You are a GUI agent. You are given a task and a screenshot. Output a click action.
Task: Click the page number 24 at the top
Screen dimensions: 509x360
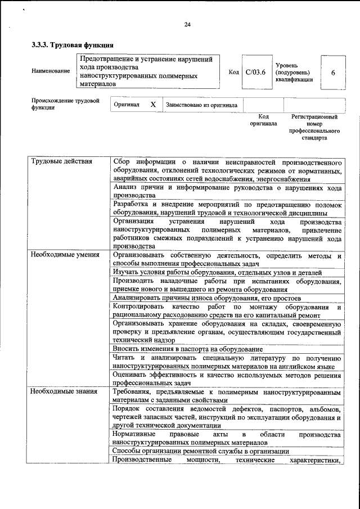(x=187, y=24)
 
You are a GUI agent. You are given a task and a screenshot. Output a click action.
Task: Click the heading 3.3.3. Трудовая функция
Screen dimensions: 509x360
(x=73, y=44)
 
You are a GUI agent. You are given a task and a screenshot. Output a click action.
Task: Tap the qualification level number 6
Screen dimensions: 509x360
(x=334, y=73)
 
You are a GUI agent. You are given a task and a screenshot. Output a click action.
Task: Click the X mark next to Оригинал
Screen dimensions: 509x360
(x=152, y=105)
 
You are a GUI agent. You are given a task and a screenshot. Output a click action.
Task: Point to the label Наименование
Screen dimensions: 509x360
(x=51, y=71)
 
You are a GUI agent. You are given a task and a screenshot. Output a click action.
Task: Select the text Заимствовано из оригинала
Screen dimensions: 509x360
(x=201, y=105)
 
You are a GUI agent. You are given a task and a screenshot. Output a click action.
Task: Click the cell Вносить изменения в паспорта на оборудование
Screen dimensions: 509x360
(x=184, y=349)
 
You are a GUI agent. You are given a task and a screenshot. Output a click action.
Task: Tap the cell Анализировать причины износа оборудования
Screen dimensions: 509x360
(x=207, y=298)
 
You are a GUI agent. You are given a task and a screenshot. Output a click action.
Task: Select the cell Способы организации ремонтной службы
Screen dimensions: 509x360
(x=201, y=451)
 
